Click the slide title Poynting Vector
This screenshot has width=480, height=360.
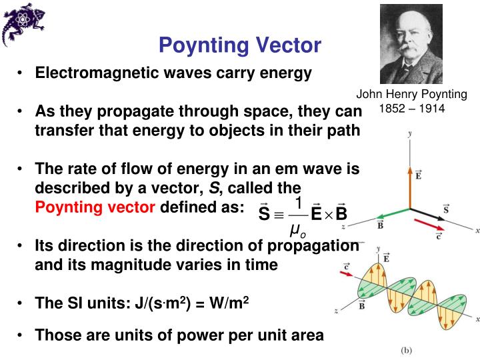point(239,45)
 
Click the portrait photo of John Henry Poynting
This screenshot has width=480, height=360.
point(411,44)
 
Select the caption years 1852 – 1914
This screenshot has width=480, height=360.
point(411,107)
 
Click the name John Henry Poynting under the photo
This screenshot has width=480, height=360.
point(411,95)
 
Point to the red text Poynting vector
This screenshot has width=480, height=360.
point(94,207)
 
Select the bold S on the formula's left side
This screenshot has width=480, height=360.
point(265,215)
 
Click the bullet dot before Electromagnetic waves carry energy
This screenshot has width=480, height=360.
point(22,73)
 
